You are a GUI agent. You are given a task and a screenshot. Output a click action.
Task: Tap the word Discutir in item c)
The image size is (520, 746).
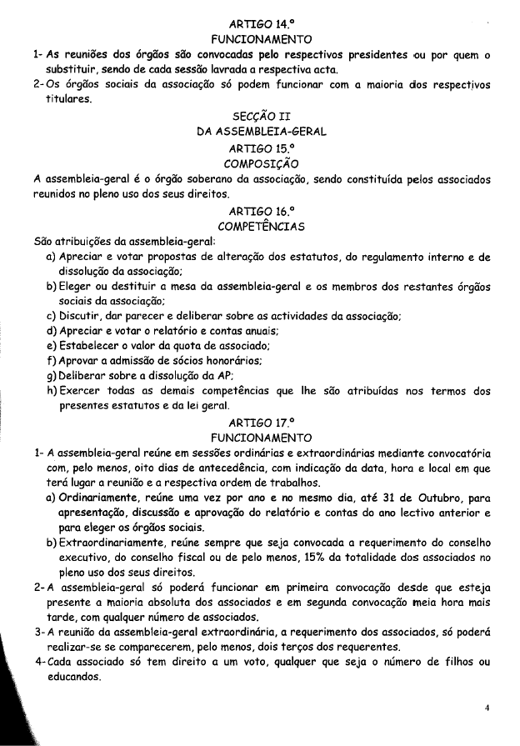click(82, 315)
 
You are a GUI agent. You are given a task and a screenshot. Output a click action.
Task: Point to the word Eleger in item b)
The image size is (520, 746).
click(77, 285)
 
